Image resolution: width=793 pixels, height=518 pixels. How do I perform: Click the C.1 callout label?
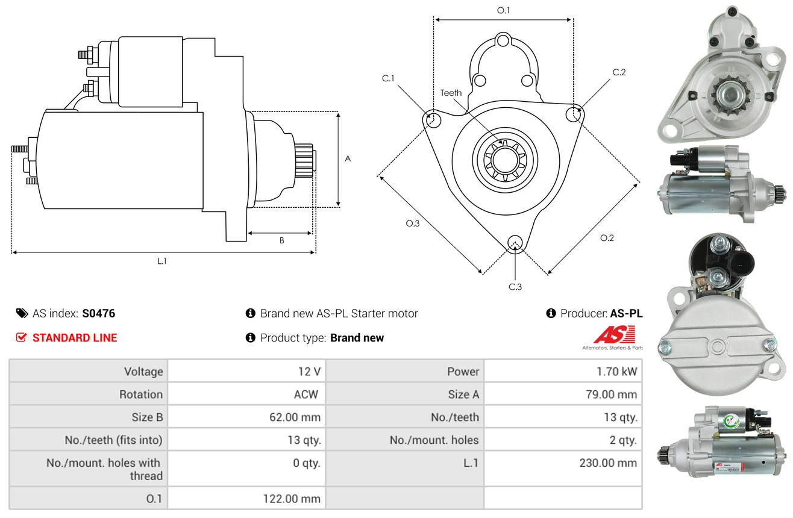(387, 78)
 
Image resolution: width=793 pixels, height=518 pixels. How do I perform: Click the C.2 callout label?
(619, 72)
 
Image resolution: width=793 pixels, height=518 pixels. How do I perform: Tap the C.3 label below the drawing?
(515, 287)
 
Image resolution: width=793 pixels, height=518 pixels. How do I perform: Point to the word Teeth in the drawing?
(451, 93)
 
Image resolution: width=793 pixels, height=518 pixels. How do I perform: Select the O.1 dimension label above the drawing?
(503, 10)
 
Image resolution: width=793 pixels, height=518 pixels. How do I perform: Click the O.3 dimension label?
(412, 223)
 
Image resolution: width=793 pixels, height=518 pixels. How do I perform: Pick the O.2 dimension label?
(607, 238)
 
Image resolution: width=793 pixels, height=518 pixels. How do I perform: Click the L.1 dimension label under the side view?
(162, 261)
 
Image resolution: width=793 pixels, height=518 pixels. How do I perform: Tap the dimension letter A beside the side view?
(348, 159)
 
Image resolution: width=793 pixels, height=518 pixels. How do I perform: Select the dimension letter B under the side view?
(281, 240)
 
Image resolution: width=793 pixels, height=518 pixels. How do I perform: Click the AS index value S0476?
(99, 313)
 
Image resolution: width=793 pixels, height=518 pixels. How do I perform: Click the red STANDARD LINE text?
(75, 338)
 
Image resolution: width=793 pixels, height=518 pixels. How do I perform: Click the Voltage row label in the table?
(143, 372)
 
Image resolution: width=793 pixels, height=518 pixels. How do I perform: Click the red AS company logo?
(614, 335)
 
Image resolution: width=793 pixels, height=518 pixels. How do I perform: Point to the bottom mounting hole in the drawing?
(515, 243)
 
